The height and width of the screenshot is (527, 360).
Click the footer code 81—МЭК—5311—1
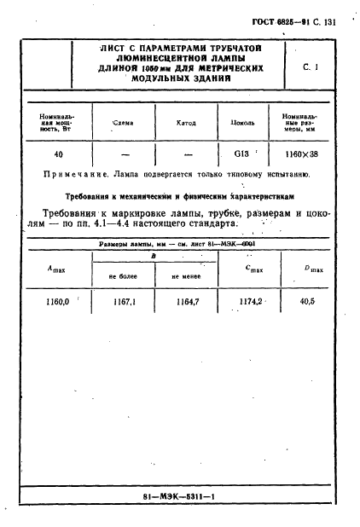pyautogui.click(x=178, y=495)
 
